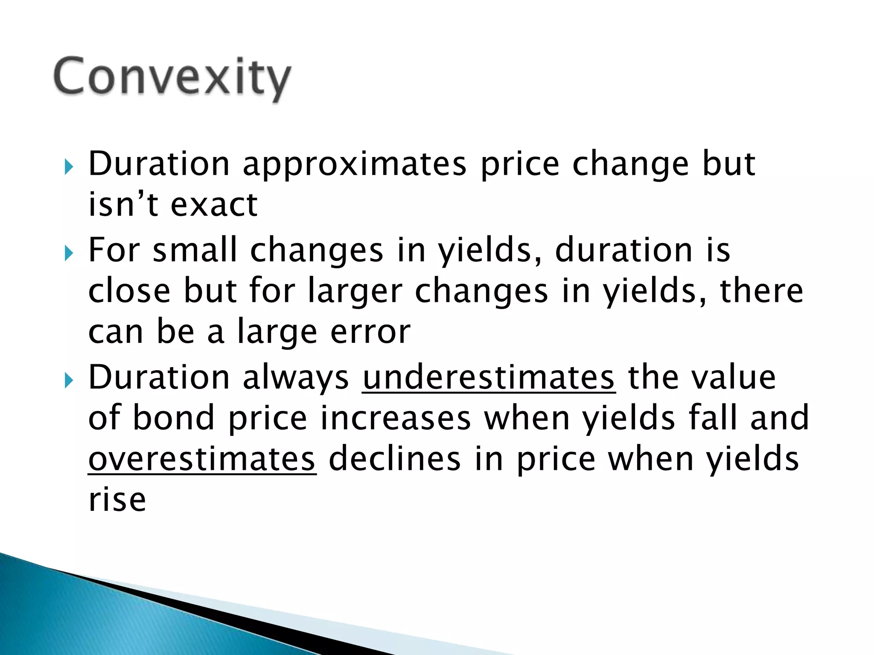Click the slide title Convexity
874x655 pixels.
point(172,78)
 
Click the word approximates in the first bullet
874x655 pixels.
point(354,164)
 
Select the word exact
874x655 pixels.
point(214,205)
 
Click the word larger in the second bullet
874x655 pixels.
point(355,292)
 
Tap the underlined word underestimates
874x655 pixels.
point(489,377)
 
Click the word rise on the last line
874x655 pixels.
point(117,499)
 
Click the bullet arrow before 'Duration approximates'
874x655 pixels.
point(69,168)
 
